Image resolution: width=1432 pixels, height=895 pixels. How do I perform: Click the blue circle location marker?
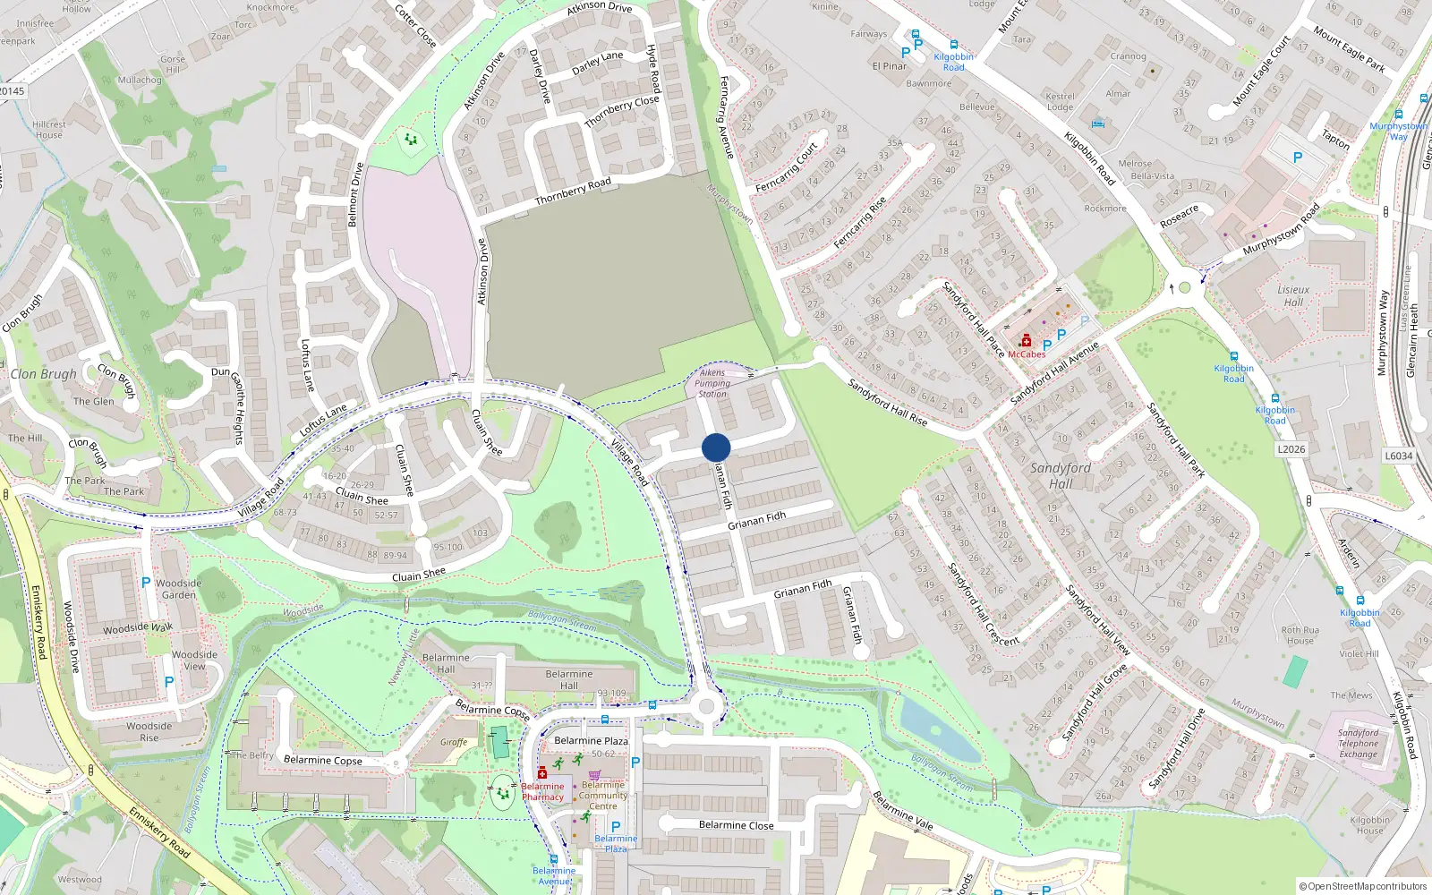(x=716, y=447)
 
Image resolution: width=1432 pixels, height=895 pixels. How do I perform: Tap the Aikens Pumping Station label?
(x=712, y=383)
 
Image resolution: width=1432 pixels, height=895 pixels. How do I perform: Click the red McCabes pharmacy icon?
(x=1026, y=340)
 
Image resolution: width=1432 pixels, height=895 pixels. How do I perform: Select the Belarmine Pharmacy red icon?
(x=541, y=772)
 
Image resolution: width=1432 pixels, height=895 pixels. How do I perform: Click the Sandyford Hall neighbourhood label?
(x=1061, y=475)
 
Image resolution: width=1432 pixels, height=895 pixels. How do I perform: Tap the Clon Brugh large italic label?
(x=43, y=374)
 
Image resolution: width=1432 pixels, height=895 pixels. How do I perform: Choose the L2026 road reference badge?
(x=1291, y=449)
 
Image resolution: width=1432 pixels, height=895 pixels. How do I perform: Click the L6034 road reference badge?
(x=1399, y=456)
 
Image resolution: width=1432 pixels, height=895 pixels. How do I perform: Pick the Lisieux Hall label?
(x=1293, y=295)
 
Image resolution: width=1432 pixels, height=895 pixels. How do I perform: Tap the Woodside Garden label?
(x=179, y=589)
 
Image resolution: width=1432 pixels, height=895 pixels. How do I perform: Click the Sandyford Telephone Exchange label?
(x=1359, y=744)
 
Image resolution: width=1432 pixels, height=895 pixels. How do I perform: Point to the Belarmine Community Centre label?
(x=603, y=795)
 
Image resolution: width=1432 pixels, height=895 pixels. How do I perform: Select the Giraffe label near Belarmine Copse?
(x=454, y=742)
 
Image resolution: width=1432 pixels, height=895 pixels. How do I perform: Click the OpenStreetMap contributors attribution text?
(x=1363, y=886)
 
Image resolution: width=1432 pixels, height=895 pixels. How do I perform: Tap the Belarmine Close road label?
(x=736, y=825)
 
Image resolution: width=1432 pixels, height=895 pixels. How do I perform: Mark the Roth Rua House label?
(x=1300, y=635)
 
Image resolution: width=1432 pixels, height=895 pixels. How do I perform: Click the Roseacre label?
(x=1179, y=217)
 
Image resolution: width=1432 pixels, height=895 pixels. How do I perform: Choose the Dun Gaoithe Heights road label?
(x=229, y=406)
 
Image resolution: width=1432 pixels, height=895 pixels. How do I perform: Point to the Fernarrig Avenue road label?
(x=726, y=117)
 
